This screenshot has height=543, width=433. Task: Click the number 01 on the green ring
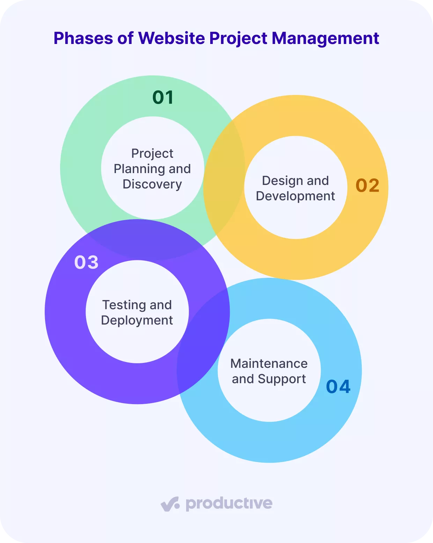click(163, 97)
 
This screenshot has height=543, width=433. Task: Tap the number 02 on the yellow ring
click(367, 185)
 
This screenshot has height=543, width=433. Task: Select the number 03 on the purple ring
click(86, 262)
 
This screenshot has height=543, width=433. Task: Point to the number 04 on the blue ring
click(338, 386)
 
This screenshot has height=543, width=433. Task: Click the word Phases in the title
click(83, 38)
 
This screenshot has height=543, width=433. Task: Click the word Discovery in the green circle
click(152, 184)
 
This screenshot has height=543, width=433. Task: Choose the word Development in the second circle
click(295, 196)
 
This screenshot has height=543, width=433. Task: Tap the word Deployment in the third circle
click(137, 320)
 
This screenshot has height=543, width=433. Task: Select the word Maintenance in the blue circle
click(269, 364)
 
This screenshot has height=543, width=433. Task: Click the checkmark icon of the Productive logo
click(170, 504)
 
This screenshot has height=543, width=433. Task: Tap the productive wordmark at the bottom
click(229, 504)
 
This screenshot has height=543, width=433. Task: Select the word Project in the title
click(238, 38)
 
